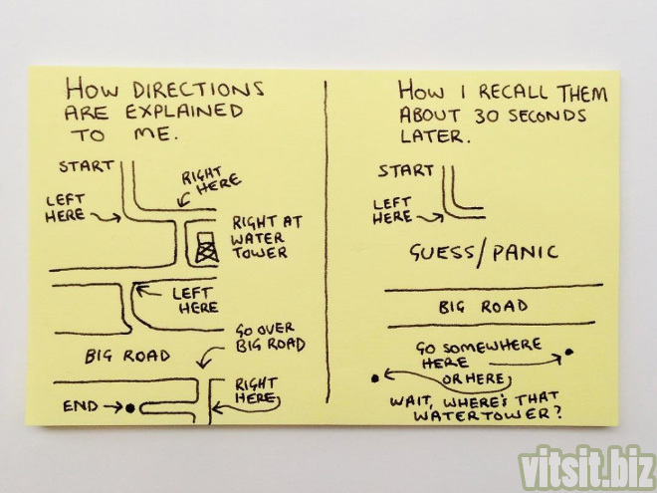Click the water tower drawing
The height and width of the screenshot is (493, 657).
tap(207, 248)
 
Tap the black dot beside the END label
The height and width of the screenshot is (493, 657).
tap(130, 407)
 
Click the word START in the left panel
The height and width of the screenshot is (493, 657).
tap(87, 166)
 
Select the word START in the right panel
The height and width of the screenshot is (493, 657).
tap(405, 171)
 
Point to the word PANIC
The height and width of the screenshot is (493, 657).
tap(525, 252)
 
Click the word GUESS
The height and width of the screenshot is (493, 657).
tap(442, 253)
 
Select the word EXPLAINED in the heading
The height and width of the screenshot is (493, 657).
tap(184, 112)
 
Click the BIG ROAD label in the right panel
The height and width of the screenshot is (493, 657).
tap(483, 307)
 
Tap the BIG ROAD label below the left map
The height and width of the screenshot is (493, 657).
tap(127, 357)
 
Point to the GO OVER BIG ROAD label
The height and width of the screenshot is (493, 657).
tap(270, 338)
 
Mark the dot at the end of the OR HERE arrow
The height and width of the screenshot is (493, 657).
tap(375, 379)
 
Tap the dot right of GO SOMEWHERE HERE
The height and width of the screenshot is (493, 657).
tap(568, 353)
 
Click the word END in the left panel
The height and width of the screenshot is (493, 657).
tap(81, 406)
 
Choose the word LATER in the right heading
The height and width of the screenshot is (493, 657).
tap(432, 136)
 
